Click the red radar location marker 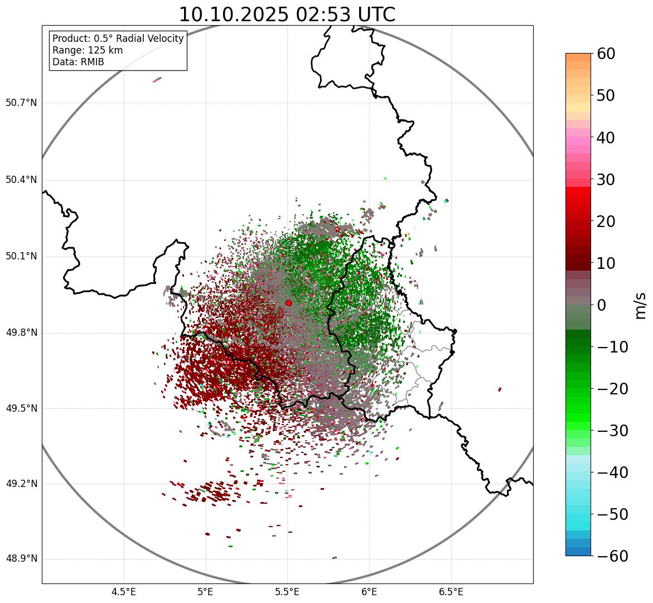tap(289, 303)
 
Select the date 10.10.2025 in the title tap(234, 15)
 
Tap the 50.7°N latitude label tap(21, 103)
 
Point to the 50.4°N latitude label tap(21, 180)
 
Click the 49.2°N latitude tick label tap(21, 484)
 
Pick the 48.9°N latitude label tap(21, 559)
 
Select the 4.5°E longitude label tap(124, 591)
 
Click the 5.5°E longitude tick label tap(287, 591)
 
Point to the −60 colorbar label tap(609, 556)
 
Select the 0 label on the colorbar tap(602, 305)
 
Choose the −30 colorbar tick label tap(609, 431)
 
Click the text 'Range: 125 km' tap(88, 50)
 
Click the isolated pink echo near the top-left tap(157, 80)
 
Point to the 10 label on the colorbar tap(606, 263)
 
